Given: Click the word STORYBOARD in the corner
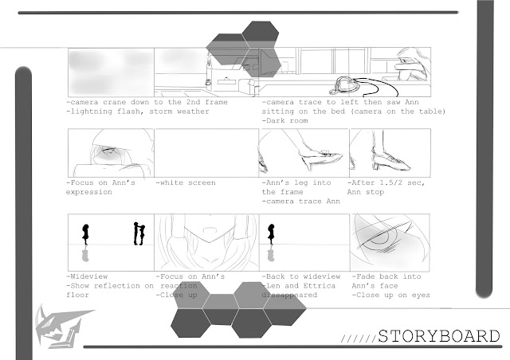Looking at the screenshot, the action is tap(439, 336).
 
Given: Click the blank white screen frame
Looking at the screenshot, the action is tap(206, 153).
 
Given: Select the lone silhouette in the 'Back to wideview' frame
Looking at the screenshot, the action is tap(271, 234).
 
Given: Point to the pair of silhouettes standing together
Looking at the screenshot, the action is tap(139, 233).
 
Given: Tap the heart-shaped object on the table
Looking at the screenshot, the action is tap(346, 84).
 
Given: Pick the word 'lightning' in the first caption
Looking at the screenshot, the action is tap(91, 112).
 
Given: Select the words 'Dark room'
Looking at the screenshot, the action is tap(287, 120).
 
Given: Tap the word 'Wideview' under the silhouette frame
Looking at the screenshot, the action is tap(88, 276).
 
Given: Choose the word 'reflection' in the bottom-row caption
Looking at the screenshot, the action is tap(116, 285).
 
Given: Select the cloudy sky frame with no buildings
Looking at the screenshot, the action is tap(111, 72).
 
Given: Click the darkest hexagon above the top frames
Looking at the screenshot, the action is tap(261, 35).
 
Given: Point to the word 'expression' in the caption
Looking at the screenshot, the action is tap(88, 192).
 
